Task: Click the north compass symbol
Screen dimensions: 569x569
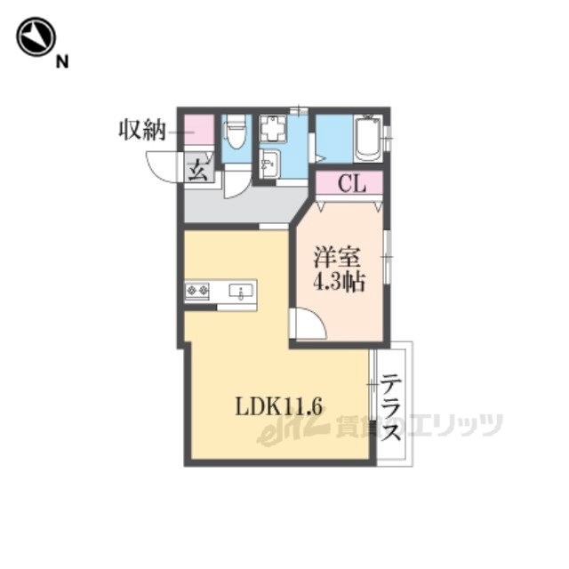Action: pyautogui.click(x=36, y=36)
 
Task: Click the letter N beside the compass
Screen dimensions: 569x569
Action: pyautogui.click(x=62, y=61)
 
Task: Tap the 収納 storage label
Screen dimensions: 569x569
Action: pyautogui.click(x=142, y=130)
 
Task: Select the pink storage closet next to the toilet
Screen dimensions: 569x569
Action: pyautogui.click(x=199, y=129)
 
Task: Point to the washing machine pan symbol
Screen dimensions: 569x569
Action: pyautogui.click(x=273, y=128)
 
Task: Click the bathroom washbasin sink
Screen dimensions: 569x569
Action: pyautogui.click(x=269, y=164)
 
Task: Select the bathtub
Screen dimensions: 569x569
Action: pyautogui.click(x=368, y=138)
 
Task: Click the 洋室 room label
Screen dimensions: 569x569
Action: pyautogui.click(x=337, y=259)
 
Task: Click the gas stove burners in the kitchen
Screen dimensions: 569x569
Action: pyautogui.click(x=197, y=290)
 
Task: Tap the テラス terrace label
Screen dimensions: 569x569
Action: pyautogui.click(x=391, y=408)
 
